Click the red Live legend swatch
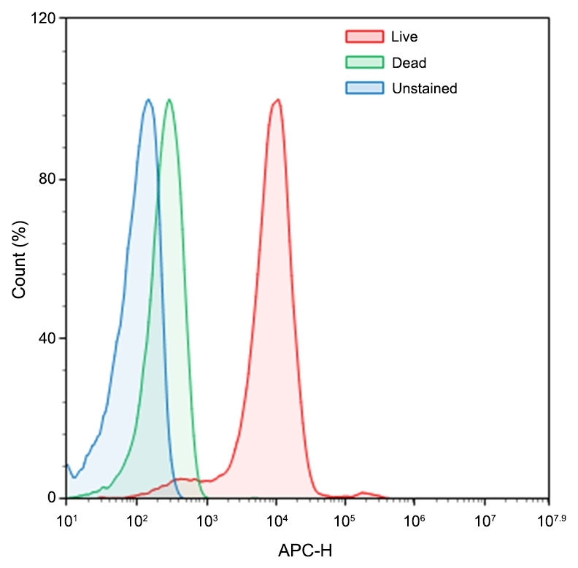point(363,36)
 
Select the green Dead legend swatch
point(363,63)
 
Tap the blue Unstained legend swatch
point(363,88)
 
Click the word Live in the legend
point(404,36)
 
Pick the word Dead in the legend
point(409,63)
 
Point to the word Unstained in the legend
point(424,88)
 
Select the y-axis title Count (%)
point(20,258)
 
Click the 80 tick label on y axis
point(47,179)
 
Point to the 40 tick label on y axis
point(47,338)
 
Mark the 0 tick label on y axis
point(52,498)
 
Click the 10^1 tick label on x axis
point(66,521)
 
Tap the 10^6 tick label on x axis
point(415,521)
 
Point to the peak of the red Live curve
point(276,100)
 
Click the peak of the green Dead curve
point(169,100)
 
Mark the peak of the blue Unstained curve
point(148,100)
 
